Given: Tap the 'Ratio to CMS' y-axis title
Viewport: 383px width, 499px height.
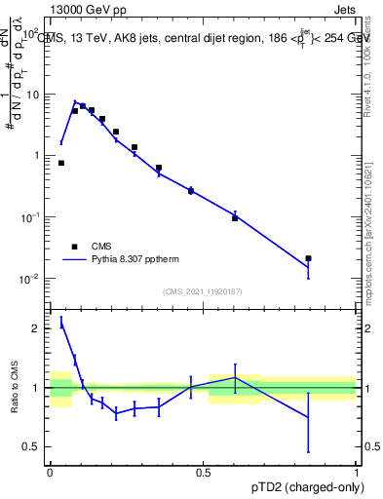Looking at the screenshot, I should click(13, 387).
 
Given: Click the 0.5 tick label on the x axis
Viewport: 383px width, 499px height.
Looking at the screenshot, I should click(203, 472).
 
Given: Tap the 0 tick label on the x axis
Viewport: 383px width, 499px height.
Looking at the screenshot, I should click(50, 472).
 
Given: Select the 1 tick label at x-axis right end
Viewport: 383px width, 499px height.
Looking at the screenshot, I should click(357, 472).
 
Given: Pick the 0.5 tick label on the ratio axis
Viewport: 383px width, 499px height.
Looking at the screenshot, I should click(31, 446).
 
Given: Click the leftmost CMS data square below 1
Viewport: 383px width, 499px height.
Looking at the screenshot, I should click(61, 163).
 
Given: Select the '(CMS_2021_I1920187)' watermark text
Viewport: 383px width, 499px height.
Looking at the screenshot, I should click(204, 290).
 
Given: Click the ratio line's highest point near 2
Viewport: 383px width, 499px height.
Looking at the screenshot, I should click(61, 325).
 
